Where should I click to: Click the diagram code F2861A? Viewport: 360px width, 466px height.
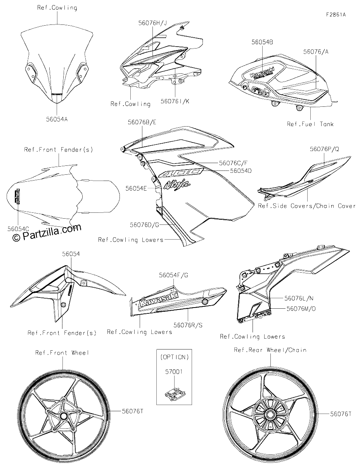click(336, 15)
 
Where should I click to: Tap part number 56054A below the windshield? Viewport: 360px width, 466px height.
click(57, 119)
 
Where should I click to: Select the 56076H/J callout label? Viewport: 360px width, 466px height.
click(152, 23)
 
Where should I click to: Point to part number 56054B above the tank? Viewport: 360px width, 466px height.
click(262, 42)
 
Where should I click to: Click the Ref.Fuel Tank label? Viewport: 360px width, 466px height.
click(310, 124)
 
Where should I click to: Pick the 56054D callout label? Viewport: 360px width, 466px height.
click(241, 171)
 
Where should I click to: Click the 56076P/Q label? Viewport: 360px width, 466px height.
click(324, 149)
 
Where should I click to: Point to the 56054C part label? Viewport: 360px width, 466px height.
click(18, 229)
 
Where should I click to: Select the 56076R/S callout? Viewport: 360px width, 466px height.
click(188, 325)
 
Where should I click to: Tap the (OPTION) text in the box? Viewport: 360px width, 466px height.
click(175, 357)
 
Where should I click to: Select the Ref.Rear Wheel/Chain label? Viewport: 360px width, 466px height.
click(270, 350)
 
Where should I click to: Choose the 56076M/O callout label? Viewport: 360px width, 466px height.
click(301, 309)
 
